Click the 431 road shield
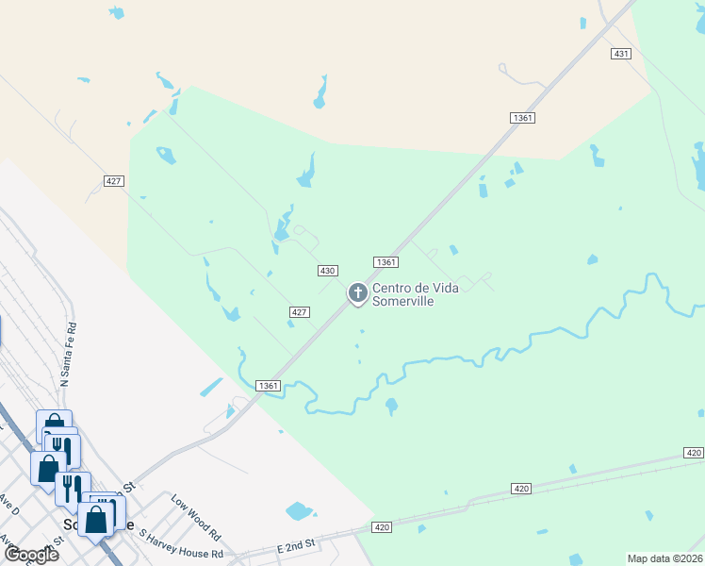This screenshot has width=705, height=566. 620,54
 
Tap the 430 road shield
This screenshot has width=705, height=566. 327,271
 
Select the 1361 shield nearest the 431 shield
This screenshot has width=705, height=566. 522,118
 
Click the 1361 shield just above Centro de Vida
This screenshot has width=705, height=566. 385,262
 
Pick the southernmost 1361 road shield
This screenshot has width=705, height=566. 269,385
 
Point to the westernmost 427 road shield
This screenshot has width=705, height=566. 114,180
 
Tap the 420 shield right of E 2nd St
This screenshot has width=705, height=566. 382,527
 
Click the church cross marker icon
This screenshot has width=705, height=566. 358,293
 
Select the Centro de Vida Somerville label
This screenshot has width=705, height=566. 416,294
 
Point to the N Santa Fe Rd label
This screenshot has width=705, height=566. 68,353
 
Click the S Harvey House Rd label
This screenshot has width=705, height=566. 181,545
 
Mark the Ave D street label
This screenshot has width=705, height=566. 9,508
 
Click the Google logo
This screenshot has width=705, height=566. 31,555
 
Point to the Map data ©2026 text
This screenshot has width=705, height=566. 664,558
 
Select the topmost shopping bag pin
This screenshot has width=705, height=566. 54,425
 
